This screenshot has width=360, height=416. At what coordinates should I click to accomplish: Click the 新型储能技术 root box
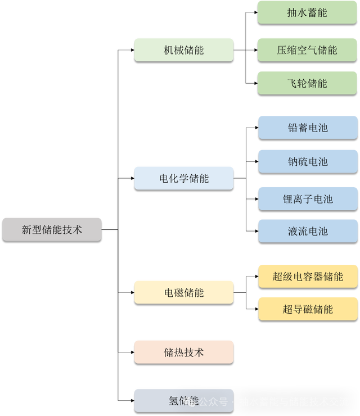click(52, 229)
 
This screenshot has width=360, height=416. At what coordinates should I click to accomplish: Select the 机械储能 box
click(184, 49)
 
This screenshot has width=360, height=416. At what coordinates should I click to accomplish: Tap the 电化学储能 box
click(184, 178)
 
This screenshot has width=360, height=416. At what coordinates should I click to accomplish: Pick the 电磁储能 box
click(184, 292)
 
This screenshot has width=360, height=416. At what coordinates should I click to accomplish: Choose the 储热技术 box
click(184, 352)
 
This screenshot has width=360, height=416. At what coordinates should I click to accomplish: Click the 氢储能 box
click(184, 400)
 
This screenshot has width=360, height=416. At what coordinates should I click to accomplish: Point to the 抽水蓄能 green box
click(307, 12)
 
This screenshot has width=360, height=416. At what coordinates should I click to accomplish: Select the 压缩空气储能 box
click(307, 49)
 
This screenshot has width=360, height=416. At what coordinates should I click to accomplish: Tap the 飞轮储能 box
click(307, 83)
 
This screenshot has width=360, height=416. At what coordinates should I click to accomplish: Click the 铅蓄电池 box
click(307, 127)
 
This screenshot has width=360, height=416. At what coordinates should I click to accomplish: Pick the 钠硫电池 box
click(307, 161)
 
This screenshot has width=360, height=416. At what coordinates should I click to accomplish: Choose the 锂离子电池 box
click(307, 198)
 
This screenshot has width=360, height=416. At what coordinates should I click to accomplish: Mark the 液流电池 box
click(307, 230)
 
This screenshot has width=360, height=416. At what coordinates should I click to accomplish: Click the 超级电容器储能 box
click(307, 275)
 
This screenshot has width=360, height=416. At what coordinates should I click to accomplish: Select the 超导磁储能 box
click(307, 309)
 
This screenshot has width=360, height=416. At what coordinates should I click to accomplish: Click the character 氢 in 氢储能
click(173, 400)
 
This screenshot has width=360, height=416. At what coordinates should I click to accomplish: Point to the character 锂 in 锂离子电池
click(287, 198)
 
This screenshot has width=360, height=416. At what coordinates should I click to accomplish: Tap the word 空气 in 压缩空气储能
click(307, 49)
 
